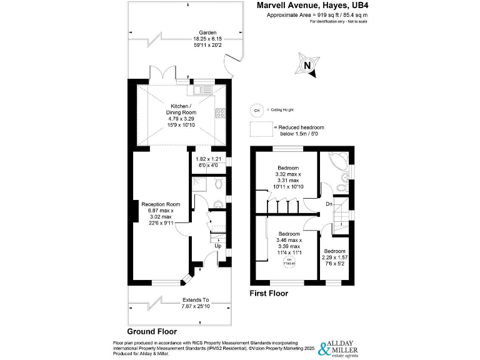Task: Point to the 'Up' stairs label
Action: coord(217,246)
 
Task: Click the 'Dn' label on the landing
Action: coord(329,204)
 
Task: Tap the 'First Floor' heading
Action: coord(269,292)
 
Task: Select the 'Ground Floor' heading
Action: coord(152,331)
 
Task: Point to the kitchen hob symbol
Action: coord(220,113)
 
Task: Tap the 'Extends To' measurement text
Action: coord(195,302)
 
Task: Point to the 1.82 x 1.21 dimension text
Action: coord(207,162)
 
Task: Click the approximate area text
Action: coord(309,14)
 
